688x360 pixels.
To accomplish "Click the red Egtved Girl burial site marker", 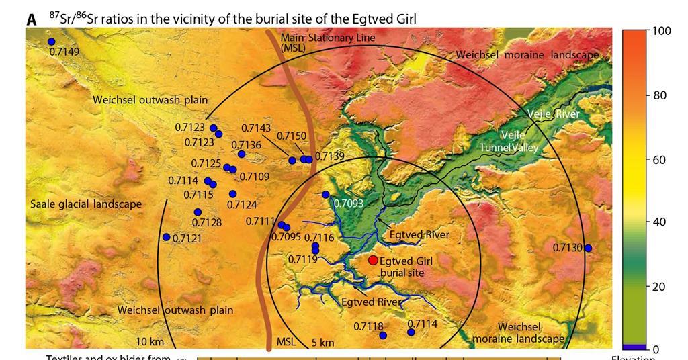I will [373, 260].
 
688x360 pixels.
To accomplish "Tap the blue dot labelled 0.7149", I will [51, 42].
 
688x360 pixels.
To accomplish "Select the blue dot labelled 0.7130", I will [588, 248].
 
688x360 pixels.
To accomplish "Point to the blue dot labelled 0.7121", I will [166, 237].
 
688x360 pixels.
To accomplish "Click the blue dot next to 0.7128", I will [198, 212].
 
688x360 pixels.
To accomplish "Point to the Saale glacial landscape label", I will [85, 204].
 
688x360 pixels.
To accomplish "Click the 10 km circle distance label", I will [150, 342].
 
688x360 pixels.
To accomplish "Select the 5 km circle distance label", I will [322, 343].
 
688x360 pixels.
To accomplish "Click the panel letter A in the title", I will [32, 20].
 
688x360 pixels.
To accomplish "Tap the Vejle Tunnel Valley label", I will [508, 142].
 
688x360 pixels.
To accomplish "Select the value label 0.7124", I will [242, 205].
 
